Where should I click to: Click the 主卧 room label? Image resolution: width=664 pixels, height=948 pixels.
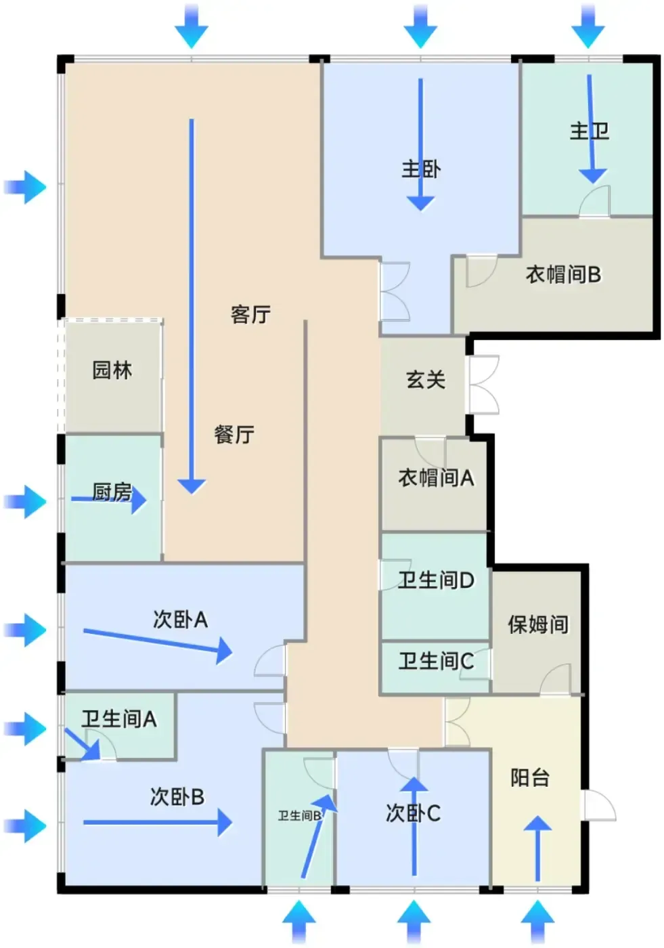click(421, 169)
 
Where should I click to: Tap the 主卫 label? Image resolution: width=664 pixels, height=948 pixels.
click(590, 131)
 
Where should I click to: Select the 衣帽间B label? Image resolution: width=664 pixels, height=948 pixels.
click(563, 275)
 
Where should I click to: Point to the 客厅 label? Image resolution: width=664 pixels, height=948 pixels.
click(251, 314)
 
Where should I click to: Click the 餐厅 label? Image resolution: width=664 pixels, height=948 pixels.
click(234, 435)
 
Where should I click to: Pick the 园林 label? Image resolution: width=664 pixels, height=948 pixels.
click(112, 370)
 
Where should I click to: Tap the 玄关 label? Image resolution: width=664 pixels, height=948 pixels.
click(426, 379)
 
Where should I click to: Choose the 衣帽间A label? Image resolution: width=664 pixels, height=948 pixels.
click(436, 478)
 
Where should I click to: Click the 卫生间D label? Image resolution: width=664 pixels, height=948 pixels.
click(436, 580)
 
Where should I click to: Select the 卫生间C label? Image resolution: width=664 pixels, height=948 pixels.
click(436, 661)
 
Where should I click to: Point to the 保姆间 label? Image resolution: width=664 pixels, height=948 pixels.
click(538, 624)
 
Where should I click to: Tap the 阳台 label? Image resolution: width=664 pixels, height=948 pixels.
click(530, 777)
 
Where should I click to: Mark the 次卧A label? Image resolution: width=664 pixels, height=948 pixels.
click(180, 620)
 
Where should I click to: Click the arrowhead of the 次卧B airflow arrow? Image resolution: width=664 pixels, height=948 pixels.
click(225, 822)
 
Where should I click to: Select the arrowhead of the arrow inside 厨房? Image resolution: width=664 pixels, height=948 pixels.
click(139, 500)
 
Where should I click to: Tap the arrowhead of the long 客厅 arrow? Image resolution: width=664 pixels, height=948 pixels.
click(192, 487)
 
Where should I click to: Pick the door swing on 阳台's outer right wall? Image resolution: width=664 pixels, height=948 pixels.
click(599, 804)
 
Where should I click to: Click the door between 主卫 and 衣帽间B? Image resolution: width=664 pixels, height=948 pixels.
click(595, 202)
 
